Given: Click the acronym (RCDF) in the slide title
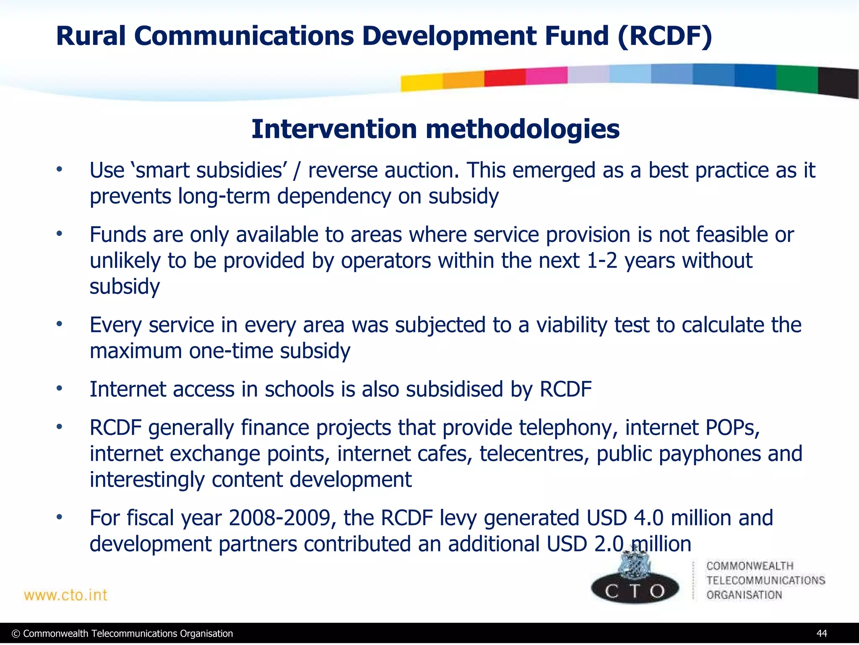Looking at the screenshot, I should tap(664, 36).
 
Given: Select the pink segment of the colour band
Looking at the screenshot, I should tap(546, 76).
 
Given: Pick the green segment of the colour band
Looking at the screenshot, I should tap(796, 79).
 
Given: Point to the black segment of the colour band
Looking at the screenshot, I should tap(838, 82).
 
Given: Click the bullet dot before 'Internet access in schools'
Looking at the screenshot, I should tap(60, 388).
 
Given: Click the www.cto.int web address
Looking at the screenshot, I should tap(65, 595).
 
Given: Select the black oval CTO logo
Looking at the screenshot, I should tap(635, 590).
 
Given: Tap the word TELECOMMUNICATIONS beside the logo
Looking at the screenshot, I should tap(765, 580).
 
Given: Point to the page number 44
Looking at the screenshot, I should tap(822, 633).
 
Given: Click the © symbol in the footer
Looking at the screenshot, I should tap(16, 634).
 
